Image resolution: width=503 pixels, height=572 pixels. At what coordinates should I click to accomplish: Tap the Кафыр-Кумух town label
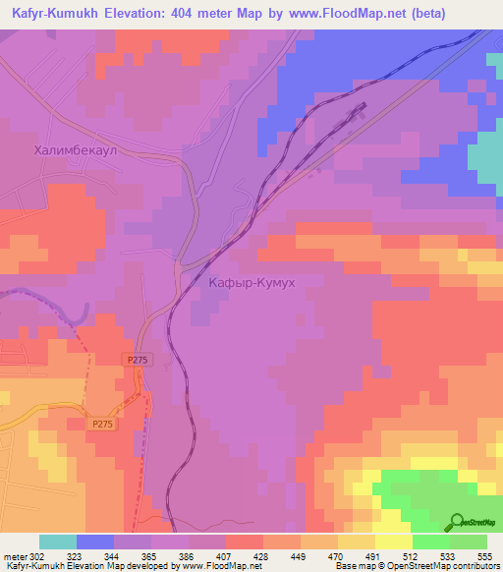click(252, 282)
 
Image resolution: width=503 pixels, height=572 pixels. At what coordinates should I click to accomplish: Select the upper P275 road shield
click(139, 362)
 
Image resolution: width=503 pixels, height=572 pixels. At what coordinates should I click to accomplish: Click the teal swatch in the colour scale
click(58, 542)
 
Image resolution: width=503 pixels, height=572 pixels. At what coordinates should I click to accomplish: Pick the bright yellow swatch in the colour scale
click(394, 542)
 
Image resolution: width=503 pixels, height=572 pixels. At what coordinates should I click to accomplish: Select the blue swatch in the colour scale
click(95, 542)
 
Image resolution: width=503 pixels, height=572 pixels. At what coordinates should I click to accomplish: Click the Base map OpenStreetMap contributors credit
click(416, 566)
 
